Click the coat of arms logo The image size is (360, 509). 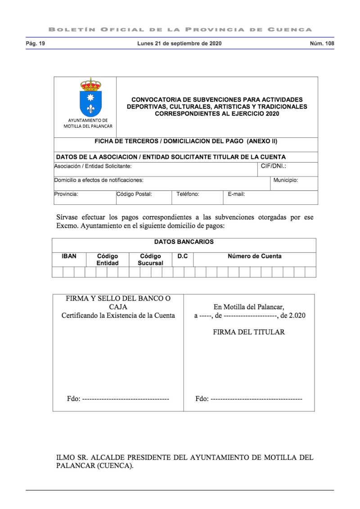click(90, 97)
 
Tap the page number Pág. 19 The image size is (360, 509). click(35, 44)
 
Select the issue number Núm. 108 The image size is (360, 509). click(322, 44)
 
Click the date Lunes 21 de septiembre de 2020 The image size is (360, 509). click(179, 44)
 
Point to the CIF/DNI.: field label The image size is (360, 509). click(274, 166)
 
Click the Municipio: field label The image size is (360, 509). click(286, 180)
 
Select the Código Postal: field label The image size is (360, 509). click(134, 194)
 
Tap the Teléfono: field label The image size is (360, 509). click(188, 194)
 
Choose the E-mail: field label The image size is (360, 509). click(236, 194)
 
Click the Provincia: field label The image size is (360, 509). click(67, 194)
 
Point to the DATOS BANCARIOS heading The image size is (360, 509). click(184, 242)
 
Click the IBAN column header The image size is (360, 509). click(69, 256)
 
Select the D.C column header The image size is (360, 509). click(182, 256)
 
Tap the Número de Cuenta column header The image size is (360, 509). click(255, 256)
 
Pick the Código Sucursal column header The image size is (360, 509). click(150, 259)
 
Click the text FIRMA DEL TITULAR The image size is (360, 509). click(249, 332)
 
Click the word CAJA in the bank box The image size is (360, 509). click(118, 306)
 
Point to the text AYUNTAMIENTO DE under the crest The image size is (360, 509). click(88, 120)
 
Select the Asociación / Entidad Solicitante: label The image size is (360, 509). click(93, 166)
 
